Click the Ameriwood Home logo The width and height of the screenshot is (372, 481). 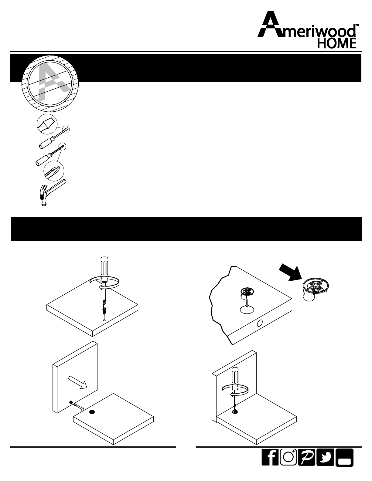(308, 30)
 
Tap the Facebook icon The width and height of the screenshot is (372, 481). (270, 457)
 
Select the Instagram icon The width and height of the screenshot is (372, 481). (288, 457)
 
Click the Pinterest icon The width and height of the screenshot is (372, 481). (306, 457)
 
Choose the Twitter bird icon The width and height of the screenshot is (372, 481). (325, 457)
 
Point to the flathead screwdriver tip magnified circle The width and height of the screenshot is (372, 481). (47, 124)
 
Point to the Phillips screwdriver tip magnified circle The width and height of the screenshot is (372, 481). (54, 171)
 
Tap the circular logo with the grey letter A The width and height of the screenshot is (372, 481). (50, 83)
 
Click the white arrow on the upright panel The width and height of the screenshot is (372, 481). (77, 382)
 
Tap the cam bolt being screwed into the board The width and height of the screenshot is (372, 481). (104, 309)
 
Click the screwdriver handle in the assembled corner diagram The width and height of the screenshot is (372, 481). (235, 379)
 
